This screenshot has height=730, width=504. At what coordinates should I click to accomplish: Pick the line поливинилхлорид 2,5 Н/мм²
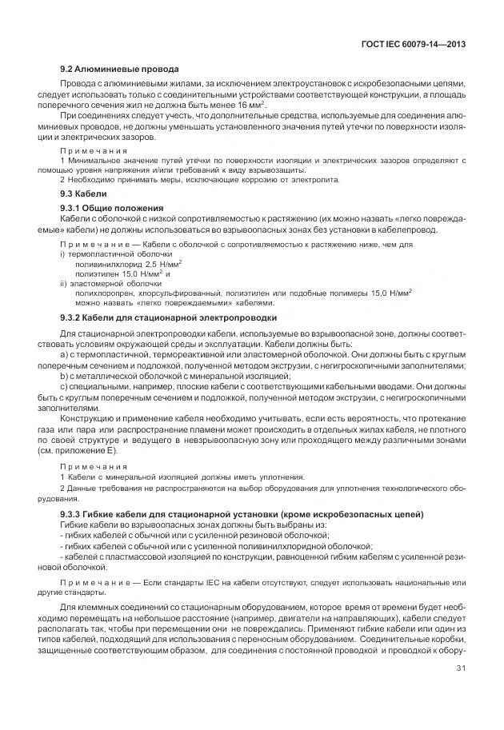click(x=129, y=262)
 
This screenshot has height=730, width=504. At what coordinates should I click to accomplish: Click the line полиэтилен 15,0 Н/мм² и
click(x=123, y=273)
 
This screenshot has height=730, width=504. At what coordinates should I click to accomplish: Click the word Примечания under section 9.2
click(x=94, y=150)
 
